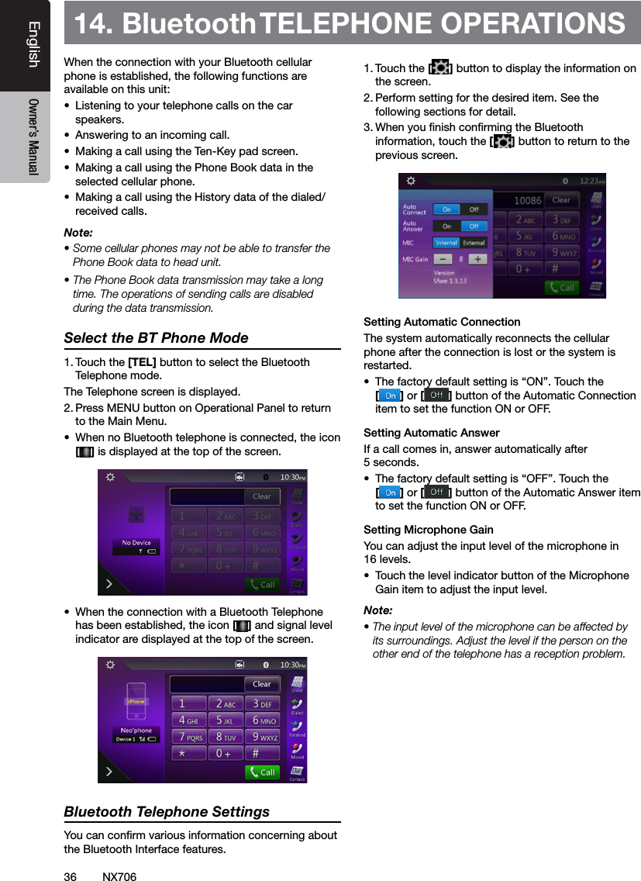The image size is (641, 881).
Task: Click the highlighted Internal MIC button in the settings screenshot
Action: click(446, 242)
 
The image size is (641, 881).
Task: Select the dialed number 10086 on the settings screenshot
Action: click(529, 200)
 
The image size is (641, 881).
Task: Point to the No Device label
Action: click(136, 543)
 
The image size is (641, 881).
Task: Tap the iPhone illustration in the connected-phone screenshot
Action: click(136, 701)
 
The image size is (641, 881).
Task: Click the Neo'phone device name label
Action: click(136, 731)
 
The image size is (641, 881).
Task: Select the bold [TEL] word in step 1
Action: click(142, 362)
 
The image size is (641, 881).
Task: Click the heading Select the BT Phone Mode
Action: click(156, 338)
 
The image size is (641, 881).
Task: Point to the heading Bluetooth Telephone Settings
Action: click(167, 812)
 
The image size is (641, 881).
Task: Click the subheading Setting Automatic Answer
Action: click(431, 433)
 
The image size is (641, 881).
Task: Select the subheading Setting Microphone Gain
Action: click(428, 530)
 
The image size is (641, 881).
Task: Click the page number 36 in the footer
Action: click(71, 876)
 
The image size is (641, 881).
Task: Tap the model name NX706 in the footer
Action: click(119, 876)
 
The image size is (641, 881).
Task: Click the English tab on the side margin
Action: click(33, 45)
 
